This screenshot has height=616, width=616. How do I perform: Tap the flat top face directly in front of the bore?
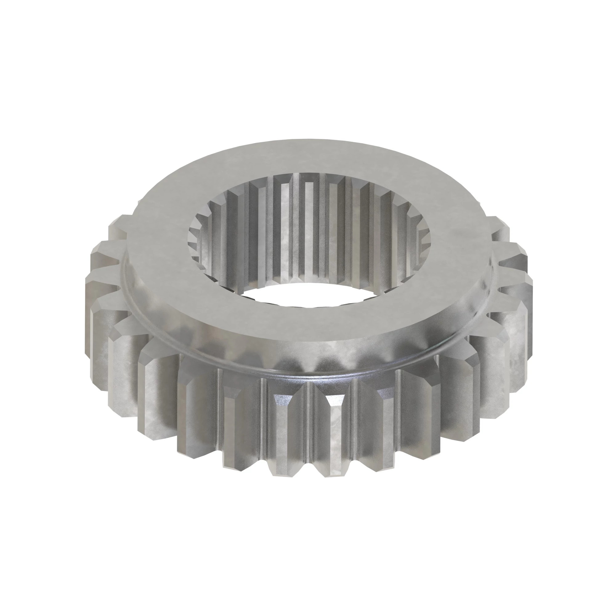[x=306, y=322]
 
